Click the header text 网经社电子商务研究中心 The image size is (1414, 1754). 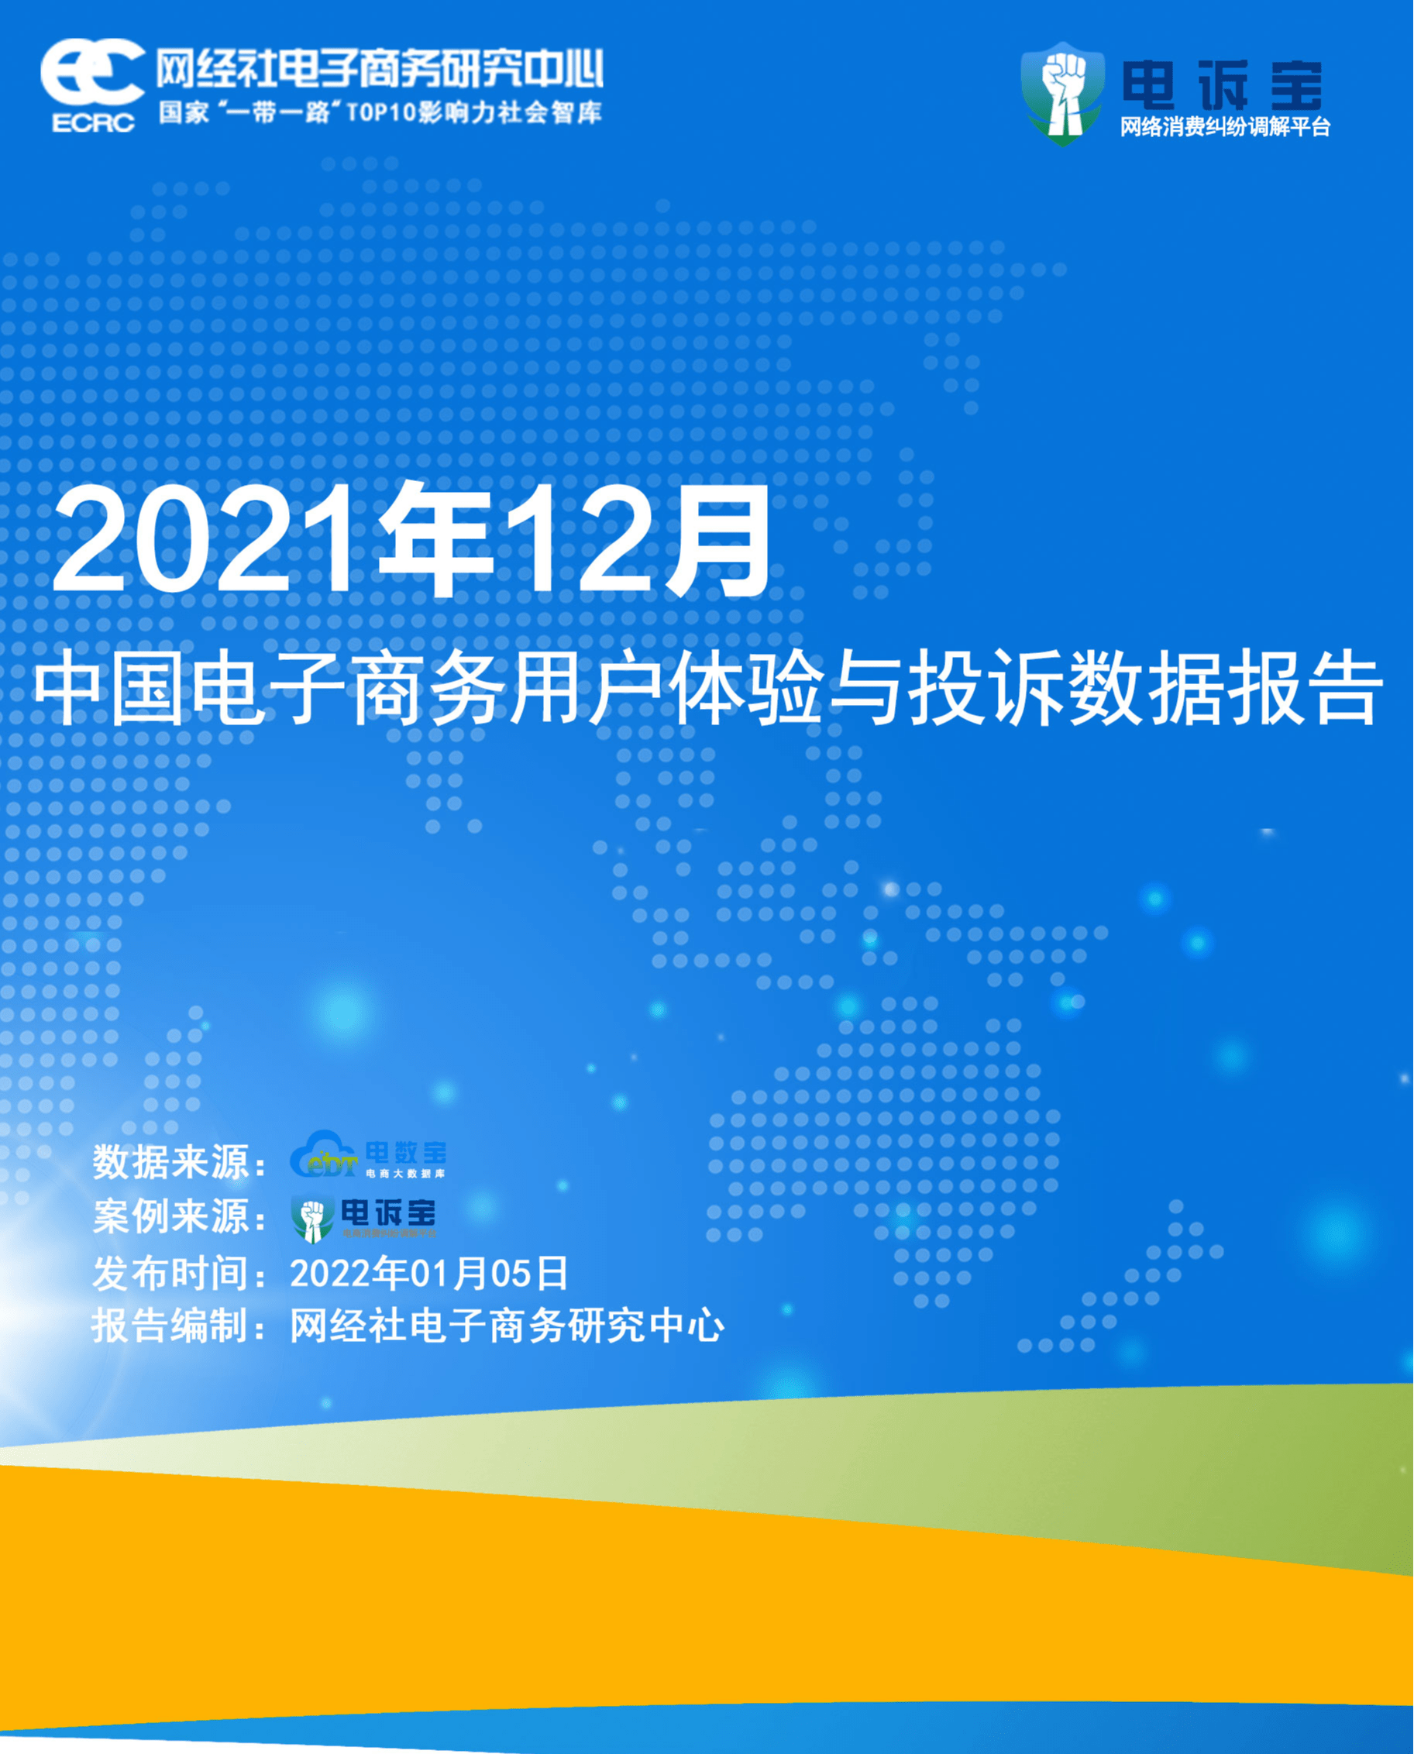[x=380, y=68]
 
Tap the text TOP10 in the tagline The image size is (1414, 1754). [x=381, y=112]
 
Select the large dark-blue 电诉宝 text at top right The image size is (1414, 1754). [x=1222, y=85]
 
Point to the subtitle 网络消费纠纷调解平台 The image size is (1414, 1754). [x=1224, y=128]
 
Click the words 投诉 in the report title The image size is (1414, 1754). [x=986, y=690]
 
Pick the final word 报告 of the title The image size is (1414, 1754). [x=1303, y=690]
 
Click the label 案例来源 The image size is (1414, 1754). [x=171, y=1216]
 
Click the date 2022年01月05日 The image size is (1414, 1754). [x=428, y=1273]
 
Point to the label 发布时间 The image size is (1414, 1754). [x=171, y=1273]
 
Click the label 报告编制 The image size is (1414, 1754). [x=171, y=1326]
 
